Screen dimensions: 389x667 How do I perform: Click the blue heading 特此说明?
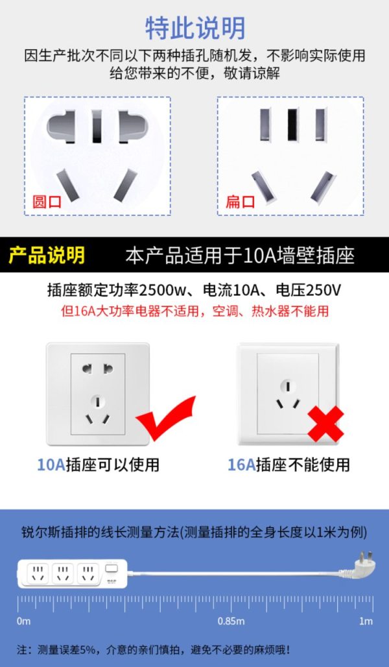[x=196, y=28]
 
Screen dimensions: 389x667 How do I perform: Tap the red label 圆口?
[x=47, y=200]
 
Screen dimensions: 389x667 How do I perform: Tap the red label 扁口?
[x=240, y=200]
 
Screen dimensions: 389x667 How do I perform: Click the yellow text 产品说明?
[x=47, y=255]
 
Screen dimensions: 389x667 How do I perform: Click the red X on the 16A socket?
[x=325, y=424]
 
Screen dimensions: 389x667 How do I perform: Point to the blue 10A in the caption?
[x=51, y=465]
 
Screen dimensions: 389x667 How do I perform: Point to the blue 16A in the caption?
[x=241, y=465]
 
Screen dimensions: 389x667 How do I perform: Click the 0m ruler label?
[x=24, y=622]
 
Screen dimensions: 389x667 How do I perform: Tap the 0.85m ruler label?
[x=231, y=622]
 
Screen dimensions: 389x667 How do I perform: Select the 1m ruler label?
[x=366, y=622]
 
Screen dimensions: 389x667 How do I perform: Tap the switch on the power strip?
[x=112, y=569]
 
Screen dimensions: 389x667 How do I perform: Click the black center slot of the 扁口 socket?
[x=292, y=125]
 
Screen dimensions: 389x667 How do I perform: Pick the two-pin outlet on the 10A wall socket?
[x=98, y=368]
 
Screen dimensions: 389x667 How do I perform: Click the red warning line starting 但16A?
[x=194, y=311]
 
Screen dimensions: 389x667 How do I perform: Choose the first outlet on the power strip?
[x=38, y=573]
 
